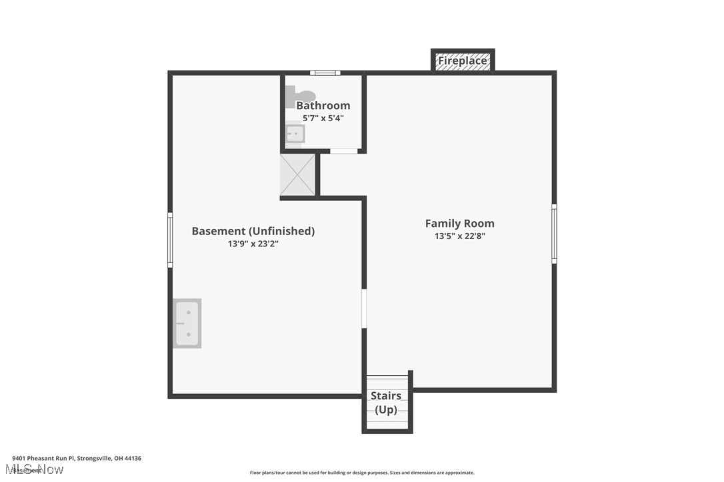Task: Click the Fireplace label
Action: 463,61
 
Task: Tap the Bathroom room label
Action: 323,105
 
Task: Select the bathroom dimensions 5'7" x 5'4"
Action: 323,119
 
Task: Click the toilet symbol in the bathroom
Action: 298,97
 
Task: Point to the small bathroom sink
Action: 295,134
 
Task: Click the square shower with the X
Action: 297,174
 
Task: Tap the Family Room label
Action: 460,224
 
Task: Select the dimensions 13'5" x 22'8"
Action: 460,236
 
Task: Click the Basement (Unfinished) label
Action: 253,231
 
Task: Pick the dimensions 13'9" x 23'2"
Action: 253,244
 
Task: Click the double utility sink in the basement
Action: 187,324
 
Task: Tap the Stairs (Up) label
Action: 386,403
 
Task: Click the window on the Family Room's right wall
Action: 554,233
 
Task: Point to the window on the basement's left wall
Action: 170,240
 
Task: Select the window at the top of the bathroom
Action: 325,73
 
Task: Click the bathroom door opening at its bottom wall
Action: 344,151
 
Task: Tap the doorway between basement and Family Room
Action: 364,308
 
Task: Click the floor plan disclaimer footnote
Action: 362,473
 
